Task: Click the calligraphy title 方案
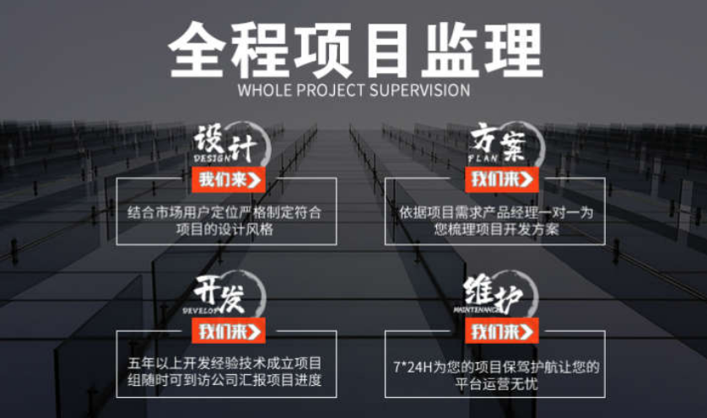coord(500,143)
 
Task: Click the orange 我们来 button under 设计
coord(230,179)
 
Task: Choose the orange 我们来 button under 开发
coord(230,331)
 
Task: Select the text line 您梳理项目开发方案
coord(497,228)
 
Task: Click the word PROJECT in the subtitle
coord(327,90)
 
